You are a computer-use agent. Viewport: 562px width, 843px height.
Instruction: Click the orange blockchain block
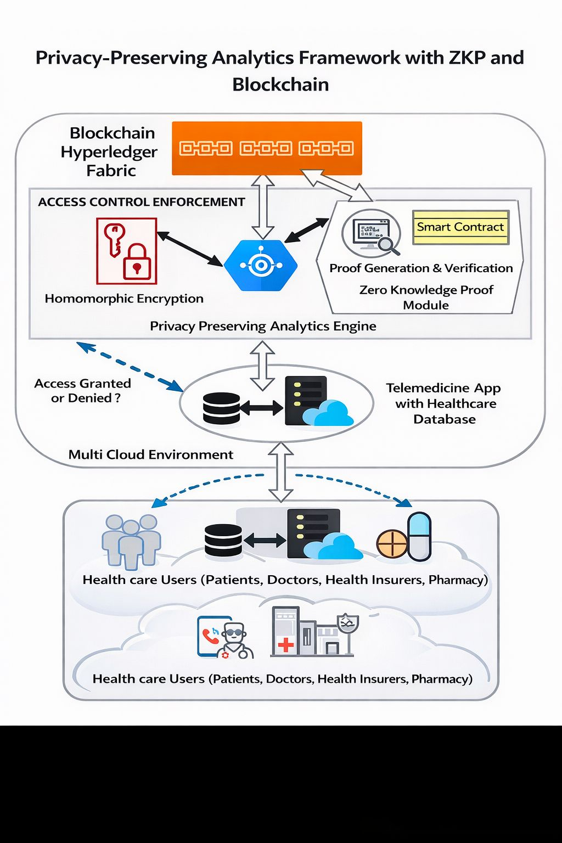(x=267, y=148)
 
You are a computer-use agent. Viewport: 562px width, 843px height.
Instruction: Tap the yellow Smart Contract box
(x=460, y=227)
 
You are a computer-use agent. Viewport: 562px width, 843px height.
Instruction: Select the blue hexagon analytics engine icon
(x=261, y=266)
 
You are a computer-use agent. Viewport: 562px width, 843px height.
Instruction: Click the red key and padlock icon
(x=126, y=251)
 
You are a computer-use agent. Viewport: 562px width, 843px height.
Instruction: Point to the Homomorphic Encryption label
(x=124, y=299)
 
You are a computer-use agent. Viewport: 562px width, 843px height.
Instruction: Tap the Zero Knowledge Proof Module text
(x=426, y=297)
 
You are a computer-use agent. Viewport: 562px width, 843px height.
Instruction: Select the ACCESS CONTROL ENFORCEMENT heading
(x=142, y=202)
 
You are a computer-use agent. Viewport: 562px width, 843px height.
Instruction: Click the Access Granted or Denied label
(x=83, y=391)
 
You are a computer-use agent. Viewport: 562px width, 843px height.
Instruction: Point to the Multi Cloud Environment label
(x=151, y=454)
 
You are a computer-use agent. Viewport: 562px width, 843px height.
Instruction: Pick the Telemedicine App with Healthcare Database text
(x=444, y=403)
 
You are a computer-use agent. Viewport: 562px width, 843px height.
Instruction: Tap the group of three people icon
(x=131, y=541)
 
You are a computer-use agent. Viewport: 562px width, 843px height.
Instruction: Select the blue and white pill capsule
(x=419, y=536)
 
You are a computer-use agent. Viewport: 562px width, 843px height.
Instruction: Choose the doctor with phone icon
(x=226, y=637)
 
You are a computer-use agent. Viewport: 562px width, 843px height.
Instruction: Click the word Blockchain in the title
(x=280, y=85)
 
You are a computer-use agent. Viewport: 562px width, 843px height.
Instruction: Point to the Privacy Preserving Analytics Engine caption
(x=263, y=326)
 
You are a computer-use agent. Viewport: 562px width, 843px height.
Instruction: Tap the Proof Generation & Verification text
(x=421, y=268)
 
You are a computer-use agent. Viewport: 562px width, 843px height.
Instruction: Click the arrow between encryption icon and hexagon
(x=190, y=249)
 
